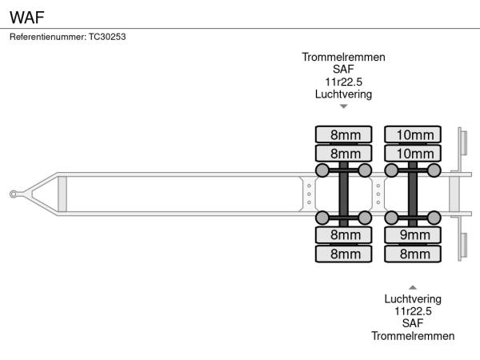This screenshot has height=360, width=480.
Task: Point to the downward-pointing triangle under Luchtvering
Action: coord(343,106)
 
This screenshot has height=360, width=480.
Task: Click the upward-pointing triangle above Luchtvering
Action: coord(413,286)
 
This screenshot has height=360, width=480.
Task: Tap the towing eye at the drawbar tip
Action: coord(14,194)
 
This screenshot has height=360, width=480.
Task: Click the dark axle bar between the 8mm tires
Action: coord(343,194)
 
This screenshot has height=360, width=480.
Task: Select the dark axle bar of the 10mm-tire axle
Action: coord(413,194)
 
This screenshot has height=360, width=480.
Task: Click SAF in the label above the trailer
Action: coord(343,70)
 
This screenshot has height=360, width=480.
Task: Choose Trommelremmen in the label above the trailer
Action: coord(343,58)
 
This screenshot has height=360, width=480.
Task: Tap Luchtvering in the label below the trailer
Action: coord(413,298)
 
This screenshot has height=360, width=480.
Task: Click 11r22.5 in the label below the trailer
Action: coord(413,310)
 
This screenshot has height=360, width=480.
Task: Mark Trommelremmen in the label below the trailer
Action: coord(413,335)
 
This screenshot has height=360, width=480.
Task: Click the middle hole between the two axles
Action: coord(378,194)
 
